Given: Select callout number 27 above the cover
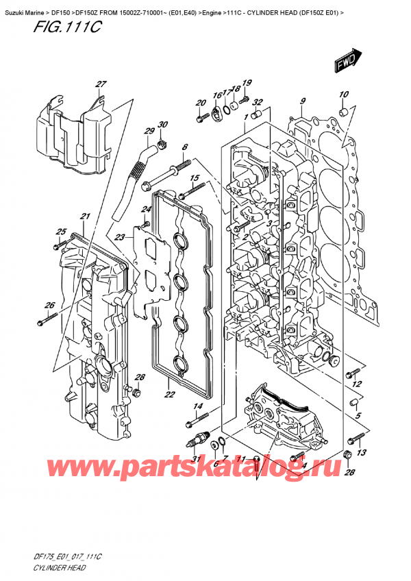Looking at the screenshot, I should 101,84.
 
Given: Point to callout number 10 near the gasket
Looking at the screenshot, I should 343,95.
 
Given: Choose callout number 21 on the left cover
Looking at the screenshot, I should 85,217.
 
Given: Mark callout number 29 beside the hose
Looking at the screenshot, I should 148,131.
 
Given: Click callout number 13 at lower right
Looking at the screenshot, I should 362,452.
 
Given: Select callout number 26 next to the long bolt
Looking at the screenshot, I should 49,306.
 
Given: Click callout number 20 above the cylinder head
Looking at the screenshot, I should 201,103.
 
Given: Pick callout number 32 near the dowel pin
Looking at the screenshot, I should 258,103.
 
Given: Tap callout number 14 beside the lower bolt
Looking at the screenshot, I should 199,408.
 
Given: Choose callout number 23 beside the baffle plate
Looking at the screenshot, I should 121,237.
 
